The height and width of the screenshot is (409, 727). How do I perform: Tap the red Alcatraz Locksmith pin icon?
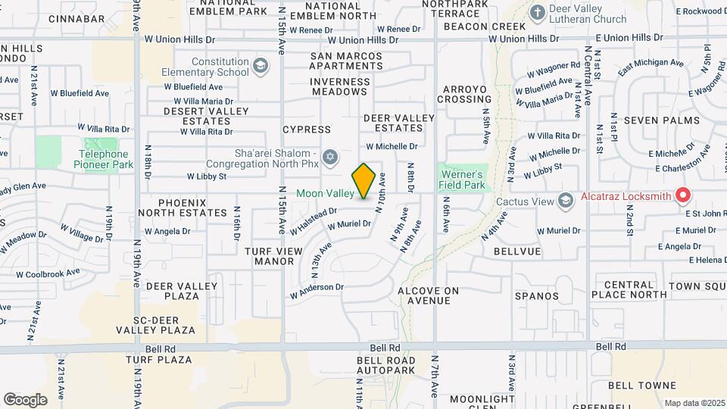coord(683,195)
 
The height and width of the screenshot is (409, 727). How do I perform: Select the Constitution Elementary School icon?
coord(261,66)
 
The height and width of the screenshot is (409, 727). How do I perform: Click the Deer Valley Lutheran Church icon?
coord(538,13)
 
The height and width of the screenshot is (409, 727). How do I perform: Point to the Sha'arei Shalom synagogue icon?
coord(329,157)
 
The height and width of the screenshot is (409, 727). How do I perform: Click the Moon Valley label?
coord(325,194)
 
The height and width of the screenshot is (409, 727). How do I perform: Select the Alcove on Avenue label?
coord(429,295)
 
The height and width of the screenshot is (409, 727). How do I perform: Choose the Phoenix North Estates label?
coord(193,208)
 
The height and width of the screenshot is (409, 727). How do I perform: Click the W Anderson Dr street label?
coord(317,288)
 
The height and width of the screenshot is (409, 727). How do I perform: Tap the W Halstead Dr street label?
coord(313,221)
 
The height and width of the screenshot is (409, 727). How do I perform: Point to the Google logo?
coord(26,399)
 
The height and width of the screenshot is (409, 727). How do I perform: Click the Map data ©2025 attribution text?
coord(694,403)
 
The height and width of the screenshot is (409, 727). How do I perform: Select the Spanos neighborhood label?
coord(536,296)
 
